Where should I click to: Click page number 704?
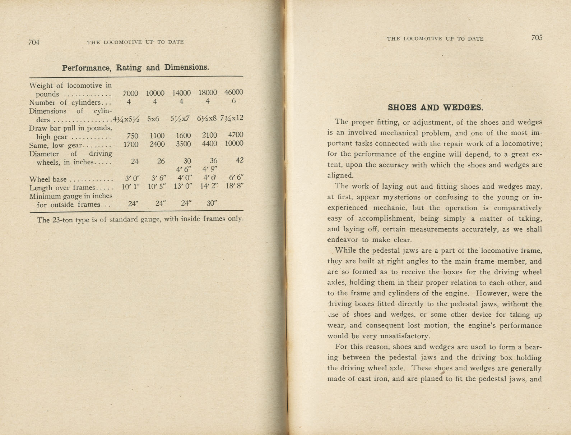click(33, 42)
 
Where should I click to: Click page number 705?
click(537, 38)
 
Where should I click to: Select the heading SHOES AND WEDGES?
click(435, 107)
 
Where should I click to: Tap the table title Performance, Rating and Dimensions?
click(135, 68)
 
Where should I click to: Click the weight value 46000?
click(234, 92)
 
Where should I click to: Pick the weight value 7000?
click(130, 93)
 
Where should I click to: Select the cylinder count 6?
click(233, 101)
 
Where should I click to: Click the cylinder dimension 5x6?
click(153, 119)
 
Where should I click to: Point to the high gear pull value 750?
click(133, 136)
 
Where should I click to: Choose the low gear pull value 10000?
click(234, 143)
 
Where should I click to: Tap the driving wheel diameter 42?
click(240, 160)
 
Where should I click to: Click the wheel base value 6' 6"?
click(236, 178)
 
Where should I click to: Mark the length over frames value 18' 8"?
click(235, 186)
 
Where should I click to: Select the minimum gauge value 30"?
click(212, 203)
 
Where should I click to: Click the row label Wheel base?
click(48, 179)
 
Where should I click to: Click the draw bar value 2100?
click(209, 135)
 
